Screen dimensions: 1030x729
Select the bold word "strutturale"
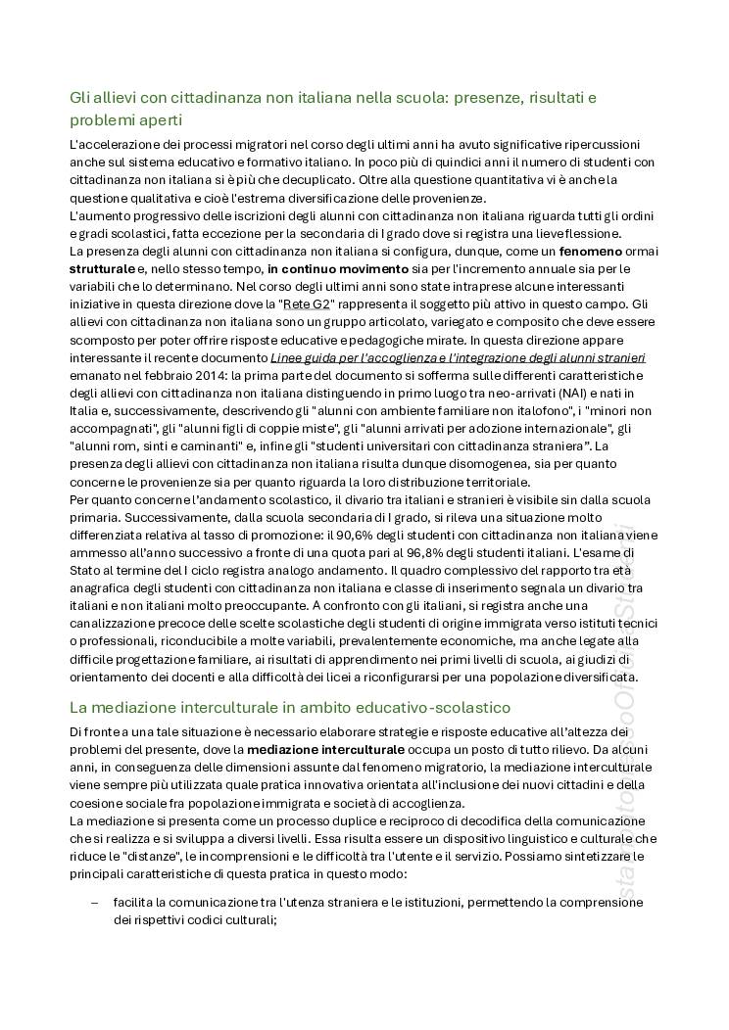pyautogui.click(x=102, y=268)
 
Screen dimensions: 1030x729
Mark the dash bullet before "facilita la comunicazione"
pyautogui.click(x=94, y=903)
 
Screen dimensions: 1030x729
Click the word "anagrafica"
pyautogui.click(x=105, y=587)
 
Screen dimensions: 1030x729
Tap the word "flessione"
pyautogui.click(x=587, y=233)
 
